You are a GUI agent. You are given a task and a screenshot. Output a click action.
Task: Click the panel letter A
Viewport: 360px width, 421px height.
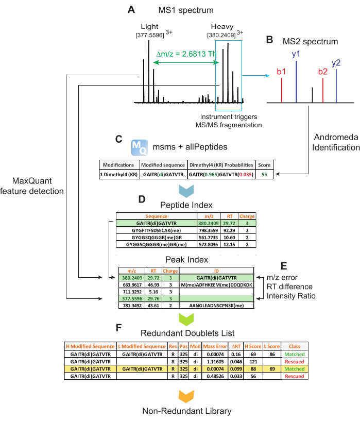132,9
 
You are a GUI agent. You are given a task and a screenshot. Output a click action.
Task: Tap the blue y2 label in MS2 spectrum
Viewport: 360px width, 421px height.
336,62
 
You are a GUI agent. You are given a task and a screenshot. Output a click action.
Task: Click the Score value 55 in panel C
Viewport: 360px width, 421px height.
264,175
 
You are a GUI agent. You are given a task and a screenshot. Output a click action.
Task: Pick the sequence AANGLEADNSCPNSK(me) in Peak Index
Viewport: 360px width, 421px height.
216,306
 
